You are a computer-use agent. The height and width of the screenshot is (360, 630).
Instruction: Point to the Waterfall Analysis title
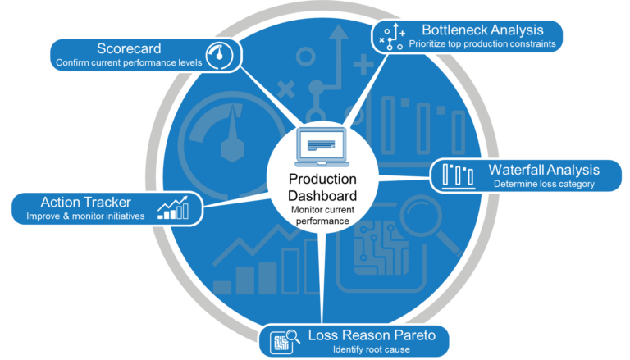click(x=544, y=170)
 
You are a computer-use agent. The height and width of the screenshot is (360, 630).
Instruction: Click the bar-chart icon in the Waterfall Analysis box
click(x=458, y=175)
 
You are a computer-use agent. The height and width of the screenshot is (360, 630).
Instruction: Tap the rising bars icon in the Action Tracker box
click(x=174, y=207)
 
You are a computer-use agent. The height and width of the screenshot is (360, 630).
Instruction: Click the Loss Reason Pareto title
click(x=366, y=335)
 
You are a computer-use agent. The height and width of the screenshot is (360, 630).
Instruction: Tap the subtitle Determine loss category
click(x=544, y=185)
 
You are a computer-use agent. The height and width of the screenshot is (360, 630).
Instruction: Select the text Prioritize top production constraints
click(x=482, y=43)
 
